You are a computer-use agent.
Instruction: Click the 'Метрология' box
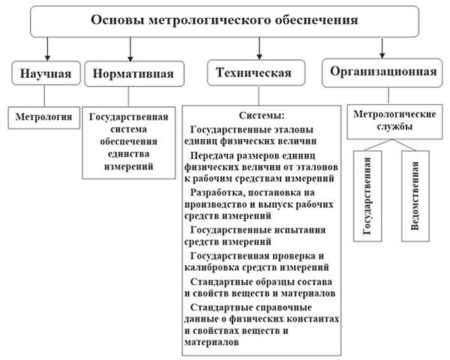pyautogui.click(x=46, y=117)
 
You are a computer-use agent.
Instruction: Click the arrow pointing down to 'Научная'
pyautogui.click(x=46, y=52)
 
